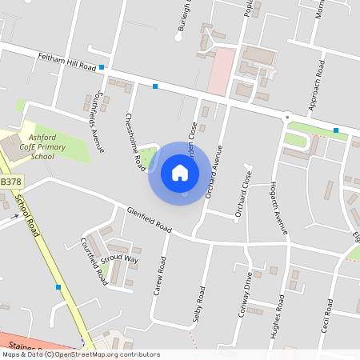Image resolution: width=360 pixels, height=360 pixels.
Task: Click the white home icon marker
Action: pos(180,173)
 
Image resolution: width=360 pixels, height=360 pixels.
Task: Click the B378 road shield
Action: pos(10,182)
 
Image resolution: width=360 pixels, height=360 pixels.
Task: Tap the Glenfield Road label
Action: pos(149,220)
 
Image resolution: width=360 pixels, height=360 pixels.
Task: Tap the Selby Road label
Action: pos(199,304)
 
